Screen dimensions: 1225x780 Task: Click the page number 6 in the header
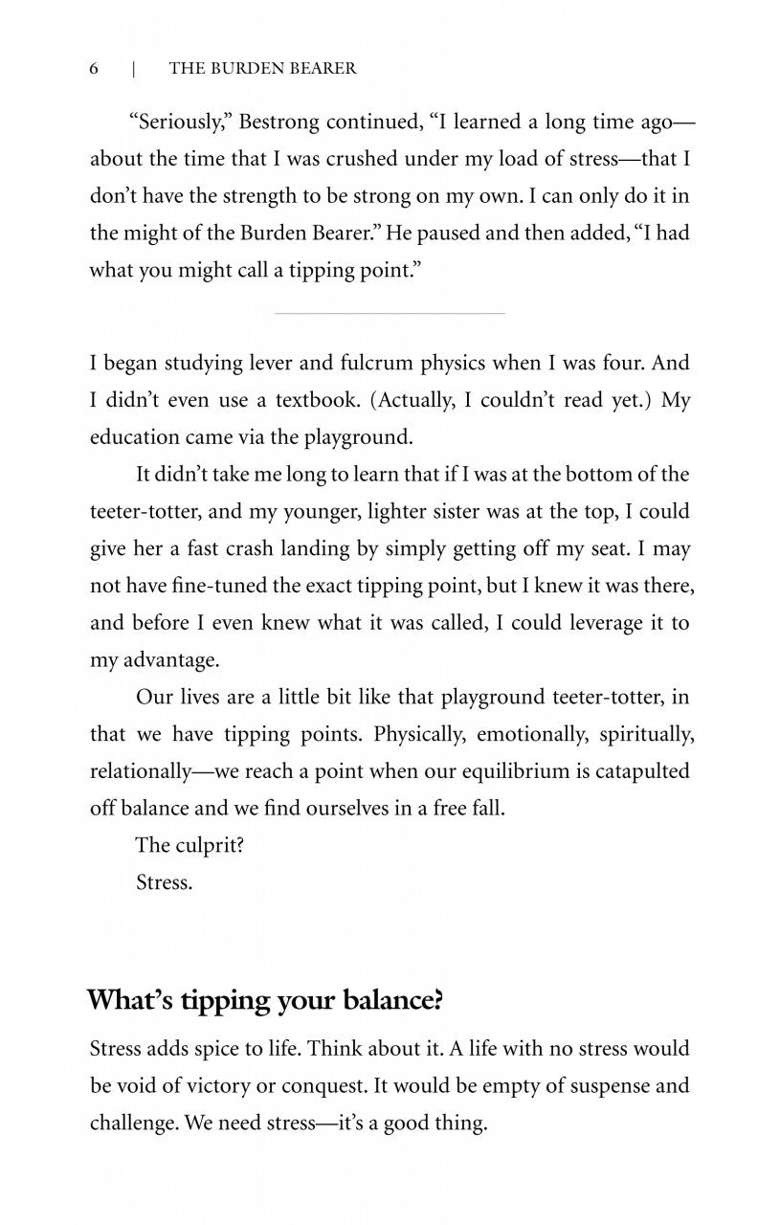(x=94, y=68)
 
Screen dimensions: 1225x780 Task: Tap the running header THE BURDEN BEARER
(x=262, y=68)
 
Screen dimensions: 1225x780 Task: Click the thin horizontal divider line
(x=390, y=312)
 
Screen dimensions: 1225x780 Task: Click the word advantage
(x=169, y=660)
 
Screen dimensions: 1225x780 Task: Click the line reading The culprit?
(x=189, y=845)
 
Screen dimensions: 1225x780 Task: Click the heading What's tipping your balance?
(x=266, y=1000)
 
